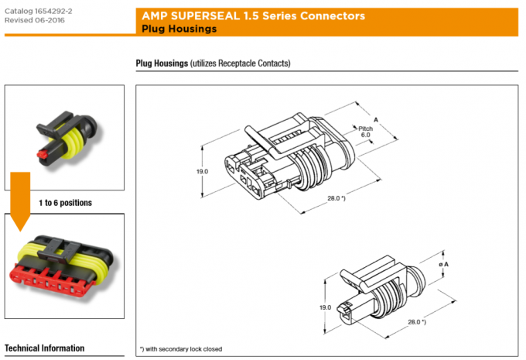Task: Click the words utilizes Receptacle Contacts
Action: tap(245, 63)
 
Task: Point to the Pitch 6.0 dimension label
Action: tap(364, 131)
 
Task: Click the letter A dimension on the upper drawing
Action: tap(376, 120)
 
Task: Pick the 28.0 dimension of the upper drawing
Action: tap(335, 199)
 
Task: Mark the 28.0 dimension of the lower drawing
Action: tap(416, 321)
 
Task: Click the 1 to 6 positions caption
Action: tap(65, 203)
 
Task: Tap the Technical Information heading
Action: tap(44, 348)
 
